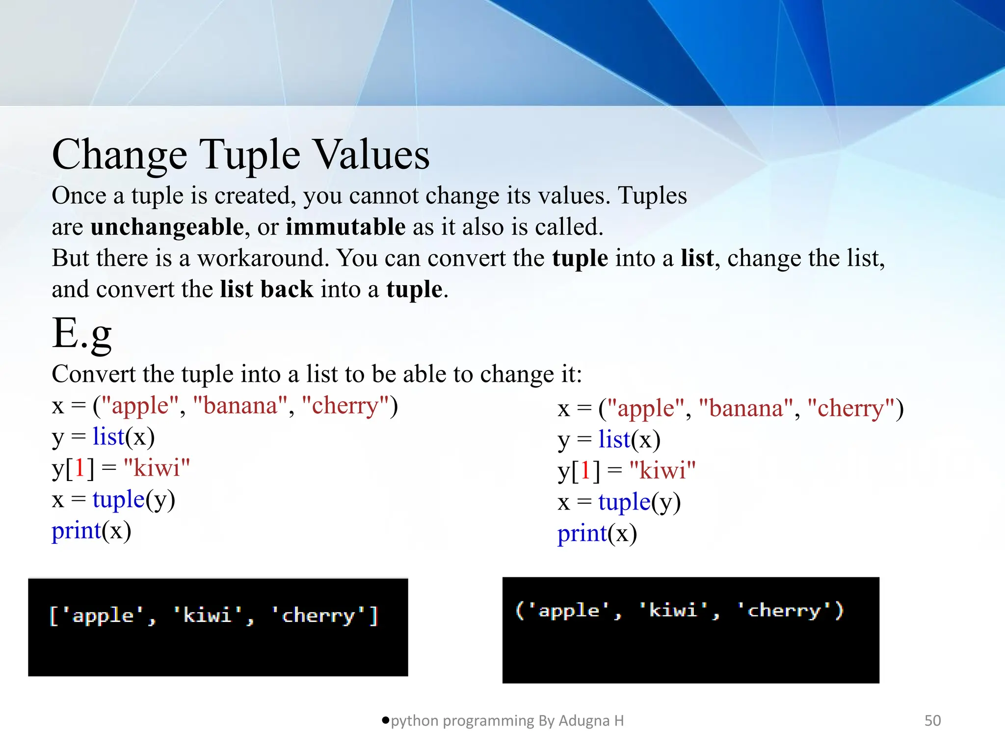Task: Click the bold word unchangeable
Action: coord(167,227)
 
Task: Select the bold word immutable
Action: coord(345,227)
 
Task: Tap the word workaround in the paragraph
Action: coord(263,258)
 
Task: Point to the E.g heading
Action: coord(82,334)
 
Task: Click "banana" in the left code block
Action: coord(240,406)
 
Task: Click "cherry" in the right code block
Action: coord(850,408)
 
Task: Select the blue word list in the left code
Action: coord(108,437)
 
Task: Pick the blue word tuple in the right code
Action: coord(624,502)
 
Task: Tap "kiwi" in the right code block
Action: coord(662,471)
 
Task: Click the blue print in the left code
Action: coord(76,531)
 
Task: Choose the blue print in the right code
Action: coord(582,534)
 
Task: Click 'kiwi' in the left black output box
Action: coord(208,615)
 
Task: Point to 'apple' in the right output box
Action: coord(569,611)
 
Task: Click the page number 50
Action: coord(932,721)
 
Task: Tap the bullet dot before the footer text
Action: coord(385,720)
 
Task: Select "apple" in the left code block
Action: coord(140,406)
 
